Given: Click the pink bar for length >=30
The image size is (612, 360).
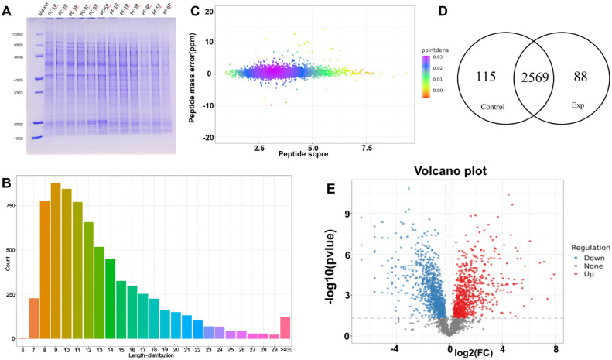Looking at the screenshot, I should point(285,327).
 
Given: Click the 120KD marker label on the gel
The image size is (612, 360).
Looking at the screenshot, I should point(17,36).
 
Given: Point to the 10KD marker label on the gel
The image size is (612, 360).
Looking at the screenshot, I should point(17,139).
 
